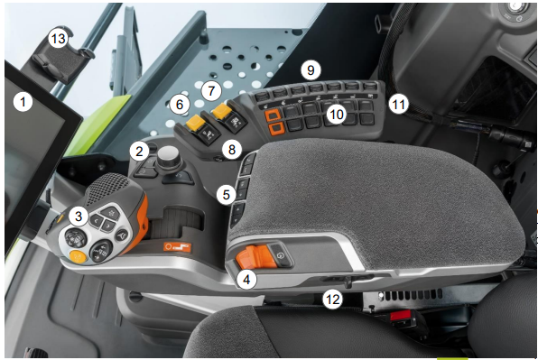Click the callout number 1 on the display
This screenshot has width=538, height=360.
[x=23, y=102]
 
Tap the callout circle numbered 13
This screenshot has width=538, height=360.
[x=58, y=39]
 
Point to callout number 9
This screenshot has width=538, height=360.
[x=311, y=70]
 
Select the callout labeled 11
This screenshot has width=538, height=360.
[x=398, y=104]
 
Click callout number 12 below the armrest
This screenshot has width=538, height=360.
[x=332, y=300]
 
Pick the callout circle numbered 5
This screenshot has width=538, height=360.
[x=226, y=195]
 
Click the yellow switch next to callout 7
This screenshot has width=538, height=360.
[x=222, y=111]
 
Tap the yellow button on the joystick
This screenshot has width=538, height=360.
[x=79, y=256]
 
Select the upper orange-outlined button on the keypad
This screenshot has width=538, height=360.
[x=273, y=115]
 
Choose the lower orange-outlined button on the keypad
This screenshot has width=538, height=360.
[x=276, y=128]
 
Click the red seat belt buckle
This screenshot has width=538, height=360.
[x=400, y=316]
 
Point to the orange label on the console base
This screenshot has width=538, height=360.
[x=177, y=246]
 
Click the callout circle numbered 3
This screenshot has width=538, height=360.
[x=79, y=217]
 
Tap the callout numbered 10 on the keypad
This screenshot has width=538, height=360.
[x=336, y=115]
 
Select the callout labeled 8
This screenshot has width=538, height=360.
[x=232, y=150]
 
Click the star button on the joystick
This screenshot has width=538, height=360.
[x=110, y=213]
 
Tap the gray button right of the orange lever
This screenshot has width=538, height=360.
[x=281, y=255]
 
